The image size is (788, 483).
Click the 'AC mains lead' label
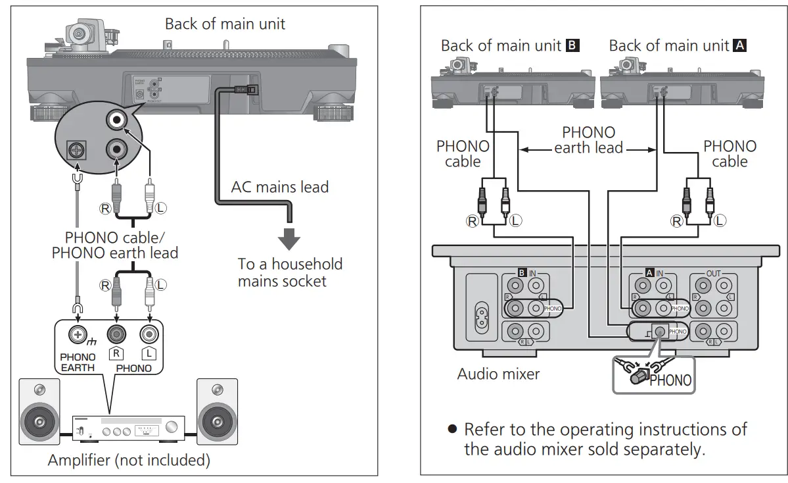click(x=279, y=187)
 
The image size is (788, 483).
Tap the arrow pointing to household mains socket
click(x=287, y=238)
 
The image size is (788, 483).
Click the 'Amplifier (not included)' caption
click(x=129, y=460)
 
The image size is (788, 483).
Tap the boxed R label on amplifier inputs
click(x=116, y=353)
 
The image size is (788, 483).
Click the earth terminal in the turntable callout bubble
click(x=78, y=151)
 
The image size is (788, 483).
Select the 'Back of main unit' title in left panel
click(x=225, y=24)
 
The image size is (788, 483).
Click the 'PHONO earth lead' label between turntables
click(x=588, y=140)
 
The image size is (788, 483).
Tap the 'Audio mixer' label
click(x=498, y=374)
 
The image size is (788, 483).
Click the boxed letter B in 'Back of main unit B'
click(x=572, y=46)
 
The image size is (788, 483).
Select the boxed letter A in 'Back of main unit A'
click(x=741, y=46)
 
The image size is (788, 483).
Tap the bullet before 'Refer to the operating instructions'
click(x=452, y=429)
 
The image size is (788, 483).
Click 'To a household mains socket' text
click(x=290, y=272)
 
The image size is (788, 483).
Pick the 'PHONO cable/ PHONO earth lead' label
click(x=115, y=245)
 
